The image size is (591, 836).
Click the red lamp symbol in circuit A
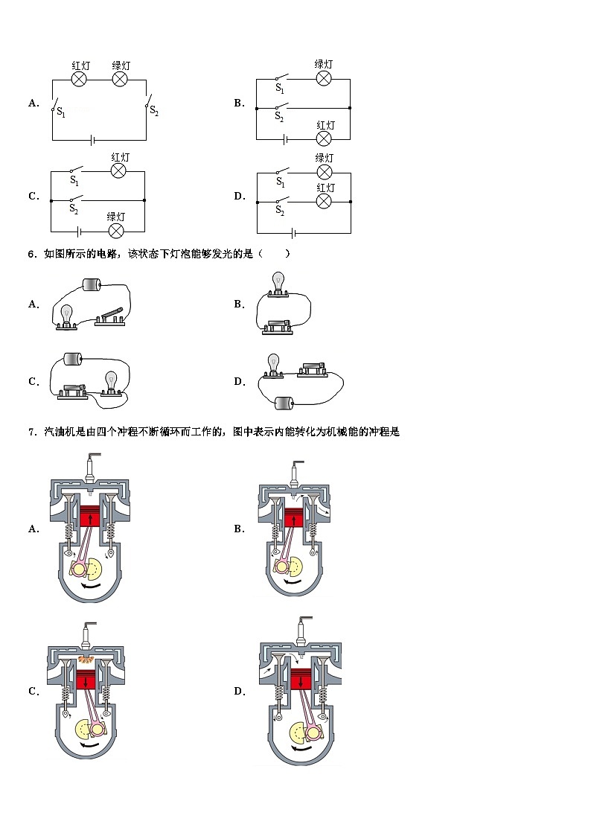tap(80, 80)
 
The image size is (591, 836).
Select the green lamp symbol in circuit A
tap(121, 80)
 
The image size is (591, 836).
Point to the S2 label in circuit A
tap(154, 112)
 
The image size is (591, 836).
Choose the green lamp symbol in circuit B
tap(324, 79)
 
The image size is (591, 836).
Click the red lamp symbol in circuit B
tap(324, 139)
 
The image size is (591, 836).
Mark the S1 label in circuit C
tap(74, 180)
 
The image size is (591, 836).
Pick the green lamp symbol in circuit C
tap(115, 231)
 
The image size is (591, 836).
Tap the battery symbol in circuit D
tap(294, 232)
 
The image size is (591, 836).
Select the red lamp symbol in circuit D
tap(324, 202)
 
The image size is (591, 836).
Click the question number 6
tap(32, 254)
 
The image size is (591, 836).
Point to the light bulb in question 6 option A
tap(66, 316)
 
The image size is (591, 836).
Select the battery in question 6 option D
tap(284, 403)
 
